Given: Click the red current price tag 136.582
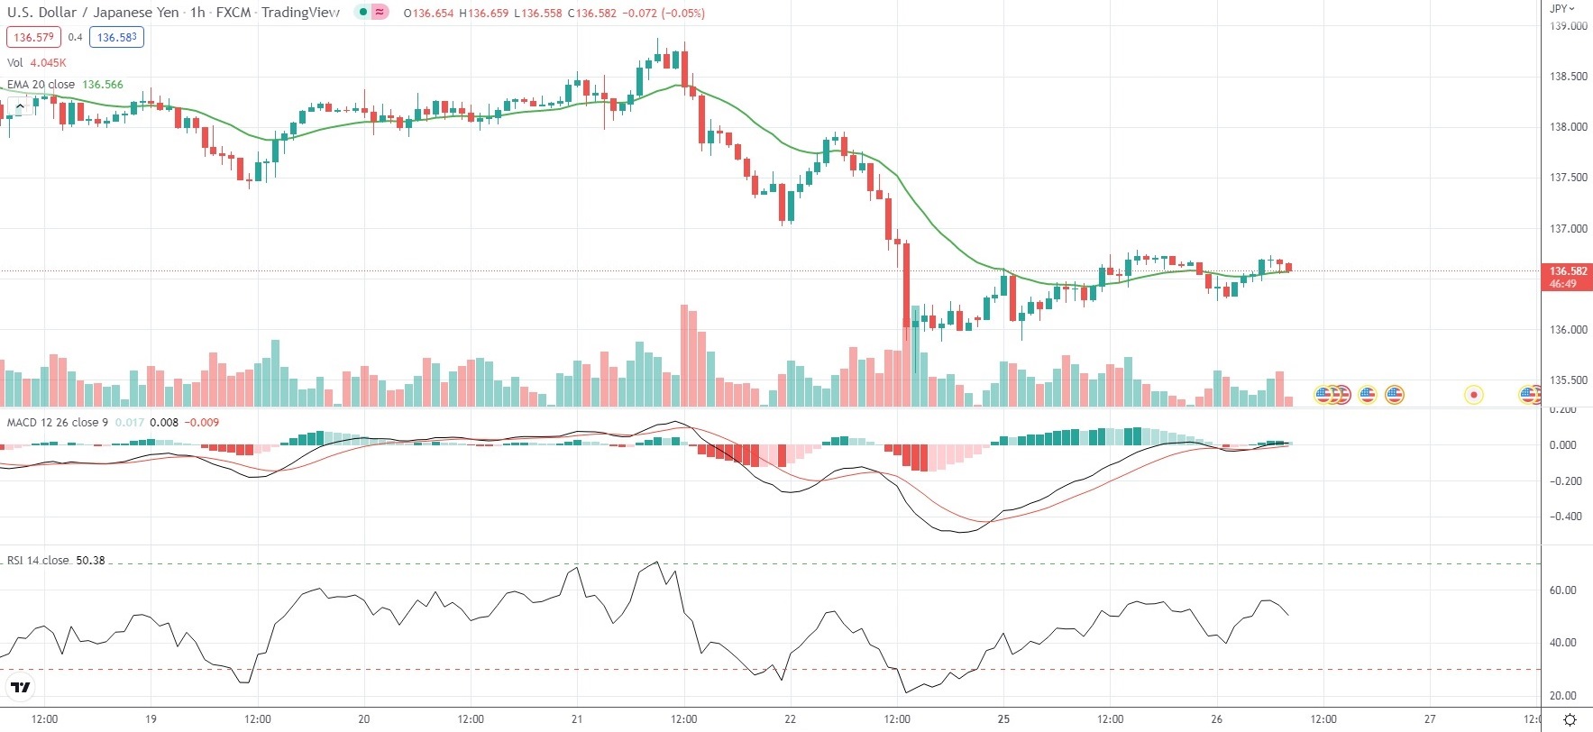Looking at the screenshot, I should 1568,271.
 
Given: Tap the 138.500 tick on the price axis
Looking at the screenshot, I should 1568,77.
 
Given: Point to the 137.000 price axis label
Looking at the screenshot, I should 1568,229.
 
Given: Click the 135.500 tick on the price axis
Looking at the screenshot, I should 1568,380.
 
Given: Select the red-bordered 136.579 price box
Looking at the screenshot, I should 34,38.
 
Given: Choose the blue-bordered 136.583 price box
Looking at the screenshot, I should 117,38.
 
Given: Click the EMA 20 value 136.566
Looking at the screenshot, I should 103,85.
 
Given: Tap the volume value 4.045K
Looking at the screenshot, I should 48,63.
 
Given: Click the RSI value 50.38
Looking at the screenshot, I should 90,561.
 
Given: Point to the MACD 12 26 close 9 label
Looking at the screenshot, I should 58,423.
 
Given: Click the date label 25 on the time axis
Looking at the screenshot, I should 1003,719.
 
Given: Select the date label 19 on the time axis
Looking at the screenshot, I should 151,719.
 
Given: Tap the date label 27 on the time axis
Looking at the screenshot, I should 1430,719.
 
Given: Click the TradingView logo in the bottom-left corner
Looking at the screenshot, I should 20,688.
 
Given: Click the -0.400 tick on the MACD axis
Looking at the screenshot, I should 1566,517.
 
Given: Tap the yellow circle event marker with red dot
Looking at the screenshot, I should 1473,395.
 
